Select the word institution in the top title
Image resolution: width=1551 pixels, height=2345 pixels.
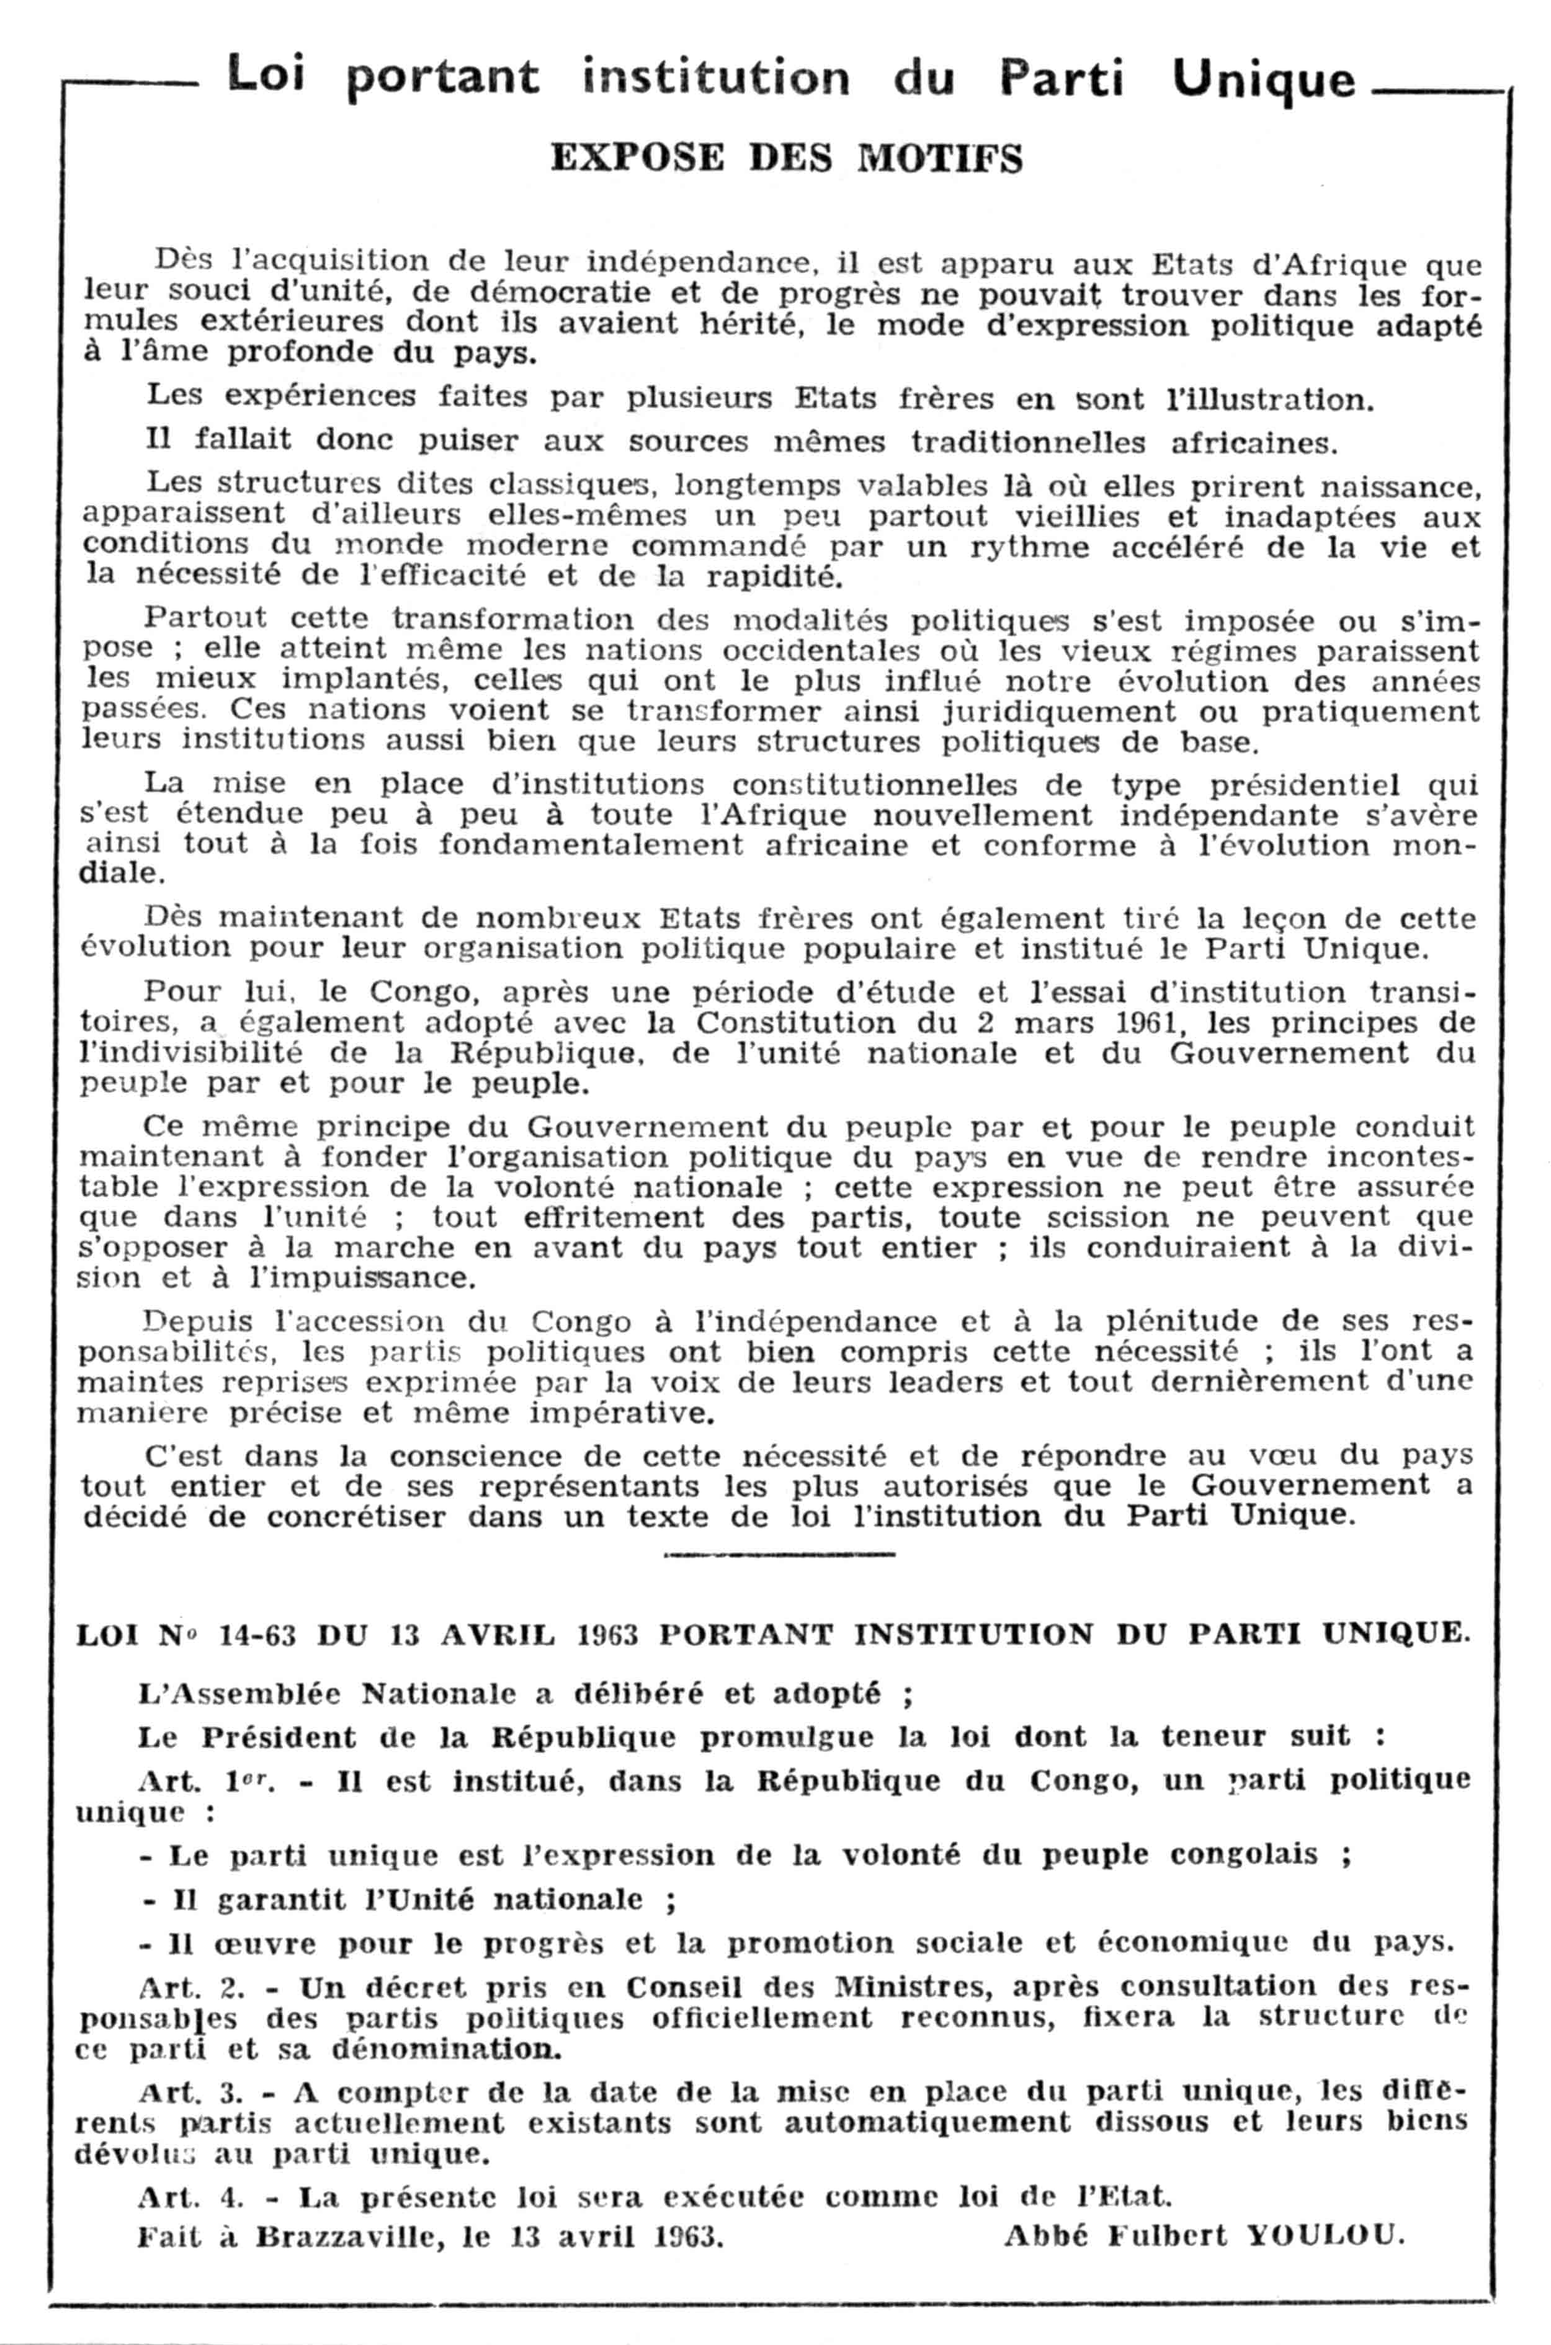pos(715,77)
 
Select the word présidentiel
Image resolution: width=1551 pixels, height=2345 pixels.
pos(1303,785)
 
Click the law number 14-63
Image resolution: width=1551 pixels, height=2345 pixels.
pos(257,1634)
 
